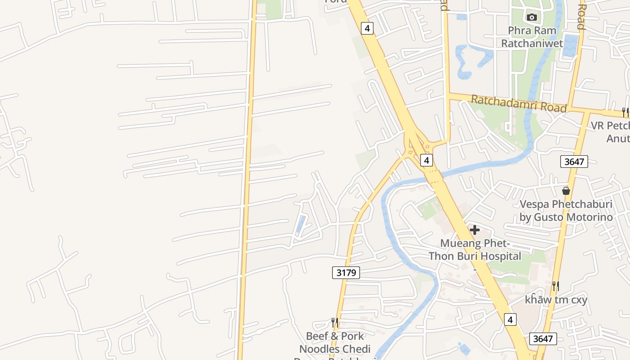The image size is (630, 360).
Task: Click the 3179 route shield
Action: coord(346,272)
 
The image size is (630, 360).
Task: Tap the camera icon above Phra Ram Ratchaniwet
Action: coord(531,17)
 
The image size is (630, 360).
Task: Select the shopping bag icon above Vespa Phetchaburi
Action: coord(566,191)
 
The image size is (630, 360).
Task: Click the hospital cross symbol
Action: coord(474,230)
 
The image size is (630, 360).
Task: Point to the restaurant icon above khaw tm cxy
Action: coord(556,286)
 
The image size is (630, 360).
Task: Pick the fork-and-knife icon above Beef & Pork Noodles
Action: coord(334,322)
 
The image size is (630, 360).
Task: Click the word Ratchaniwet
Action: coord(532,43)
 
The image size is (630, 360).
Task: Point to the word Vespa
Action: coord(534,204)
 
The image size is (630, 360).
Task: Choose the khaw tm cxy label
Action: coord(556,300)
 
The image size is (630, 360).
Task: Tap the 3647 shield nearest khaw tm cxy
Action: coord(543,339)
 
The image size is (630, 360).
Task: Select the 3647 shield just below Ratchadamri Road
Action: coord(574,161)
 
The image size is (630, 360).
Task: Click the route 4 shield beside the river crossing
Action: coord(427,159)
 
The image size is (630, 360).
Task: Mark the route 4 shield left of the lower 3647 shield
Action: coord(509,319)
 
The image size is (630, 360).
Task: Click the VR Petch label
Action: coord(610,126)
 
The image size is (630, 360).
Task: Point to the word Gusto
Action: coord(549,217)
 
